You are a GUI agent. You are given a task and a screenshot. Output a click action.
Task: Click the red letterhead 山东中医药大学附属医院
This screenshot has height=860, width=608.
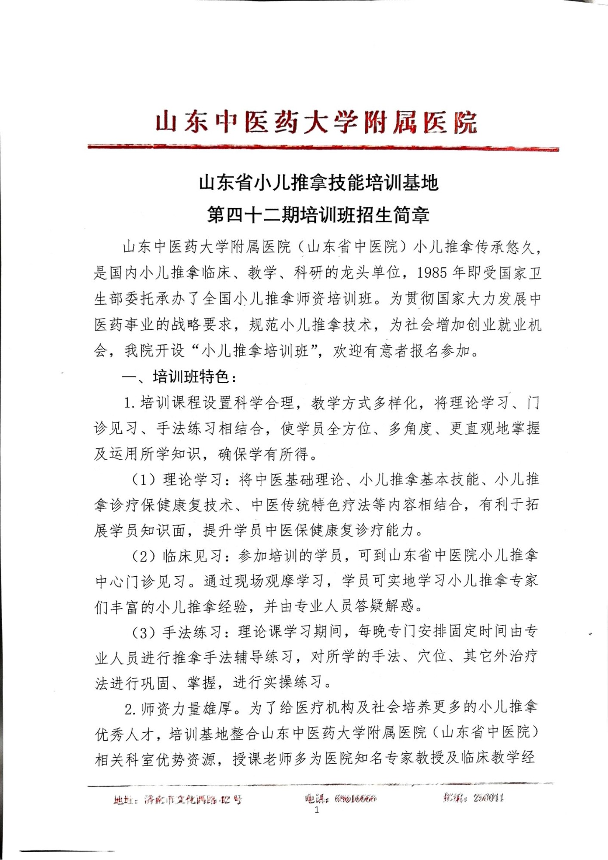(316, 122)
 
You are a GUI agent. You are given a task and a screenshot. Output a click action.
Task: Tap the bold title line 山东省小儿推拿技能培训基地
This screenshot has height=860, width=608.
(318, 183)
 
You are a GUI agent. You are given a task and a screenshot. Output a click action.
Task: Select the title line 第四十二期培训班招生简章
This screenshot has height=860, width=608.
(318, 214)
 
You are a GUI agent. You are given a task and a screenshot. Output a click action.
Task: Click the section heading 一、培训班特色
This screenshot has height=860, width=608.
(179, 377)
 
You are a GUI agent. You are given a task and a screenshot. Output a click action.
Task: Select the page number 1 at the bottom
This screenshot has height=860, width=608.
(317, 810)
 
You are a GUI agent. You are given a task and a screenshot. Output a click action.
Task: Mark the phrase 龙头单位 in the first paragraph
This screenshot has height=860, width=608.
(371, 273)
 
